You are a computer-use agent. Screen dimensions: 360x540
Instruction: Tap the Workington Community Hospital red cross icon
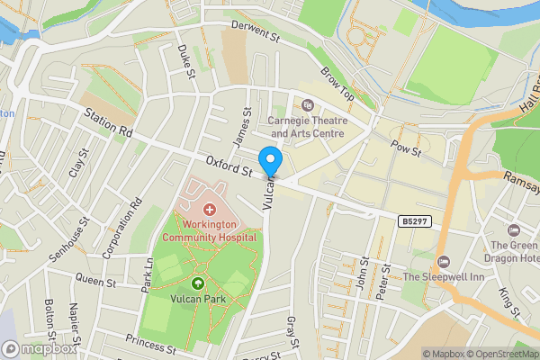209,209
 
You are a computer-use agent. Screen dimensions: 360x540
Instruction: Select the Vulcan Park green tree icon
198,284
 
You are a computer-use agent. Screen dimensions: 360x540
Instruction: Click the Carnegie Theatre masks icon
308,105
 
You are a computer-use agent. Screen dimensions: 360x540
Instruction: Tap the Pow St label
405,147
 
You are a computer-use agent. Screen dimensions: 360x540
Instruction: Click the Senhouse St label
70,238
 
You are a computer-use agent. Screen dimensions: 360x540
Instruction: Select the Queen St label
96,282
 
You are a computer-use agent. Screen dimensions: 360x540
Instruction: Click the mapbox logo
40,348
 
